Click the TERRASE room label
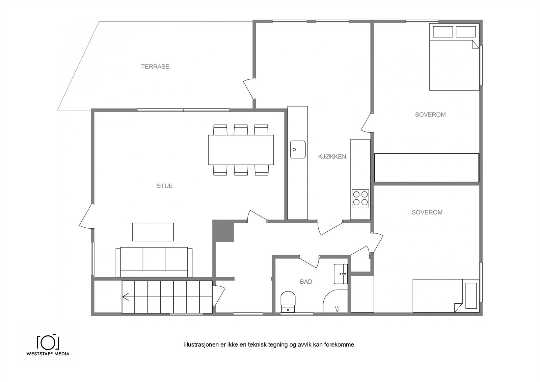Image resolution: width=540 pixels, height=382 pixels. (155, 67)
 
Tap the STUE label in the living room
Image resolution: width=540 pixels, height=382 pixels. (165, 186)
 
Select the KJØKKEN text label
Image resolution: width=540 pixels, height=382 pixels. (332, 157)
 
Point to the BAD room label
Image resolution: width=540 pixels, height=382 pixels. (306, 282)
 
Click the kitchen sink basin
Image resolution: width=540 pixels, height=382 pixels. (298, 150)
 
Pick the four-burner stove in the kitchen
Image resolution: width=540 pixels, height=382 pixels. (360, 198)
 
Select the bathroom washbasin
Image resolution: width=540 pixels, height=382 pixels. (341, 274)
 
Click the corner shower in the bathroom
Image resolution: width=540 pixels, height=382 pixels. (335, 301)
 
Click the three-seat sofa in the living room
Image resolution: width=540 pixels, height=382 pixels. (154, 262)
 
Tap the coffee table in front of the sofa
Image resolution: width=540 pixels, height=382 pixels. (153, 232)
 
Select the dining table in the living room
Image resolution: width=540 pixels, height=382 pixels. (241, 150)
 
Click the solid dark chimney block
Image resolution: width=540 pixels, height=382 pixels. (223, 230)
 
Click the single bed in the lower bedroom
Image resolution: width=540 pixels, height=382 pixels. (446, 296)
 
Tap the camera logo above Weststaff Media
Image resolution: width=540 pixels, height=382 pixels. (48, 342)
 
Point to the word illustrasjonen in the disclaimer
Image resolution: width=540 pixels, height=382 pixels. (201, 345)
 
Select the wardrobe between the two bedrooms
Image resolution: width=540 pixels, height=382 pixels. (427, 168)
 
